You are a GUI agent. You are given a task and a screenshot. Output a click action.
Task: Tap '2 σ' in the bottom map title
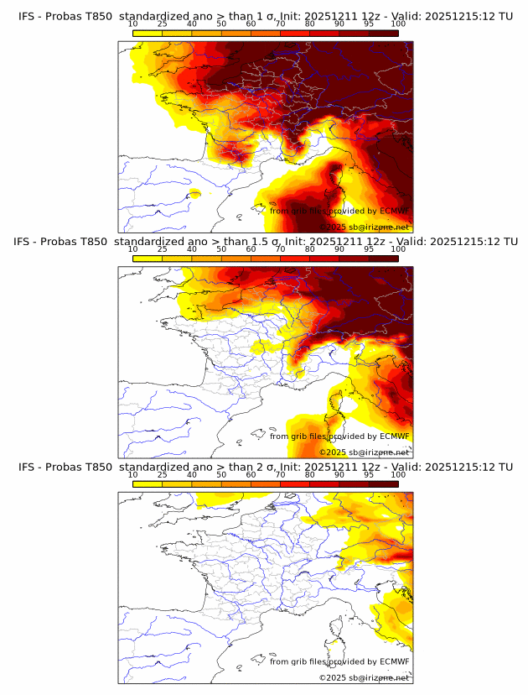pos(267,467)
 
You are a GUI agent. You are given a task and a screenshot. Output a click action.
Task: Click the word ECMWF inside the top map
pos(394,211)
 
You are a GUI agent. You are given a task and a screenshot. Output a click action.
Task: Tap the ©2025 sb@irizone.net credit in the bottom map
pos(364,677)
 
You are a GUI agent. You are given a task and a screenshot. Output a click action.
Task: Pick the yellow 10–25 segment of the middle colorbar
pos(148,259)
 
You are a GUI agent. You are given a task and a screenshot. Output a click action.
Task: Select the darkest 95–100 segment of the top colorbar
pos(383,34)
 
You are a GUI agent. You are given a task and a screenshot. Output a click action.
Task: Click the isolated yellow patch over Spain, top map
pos(195,194)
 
